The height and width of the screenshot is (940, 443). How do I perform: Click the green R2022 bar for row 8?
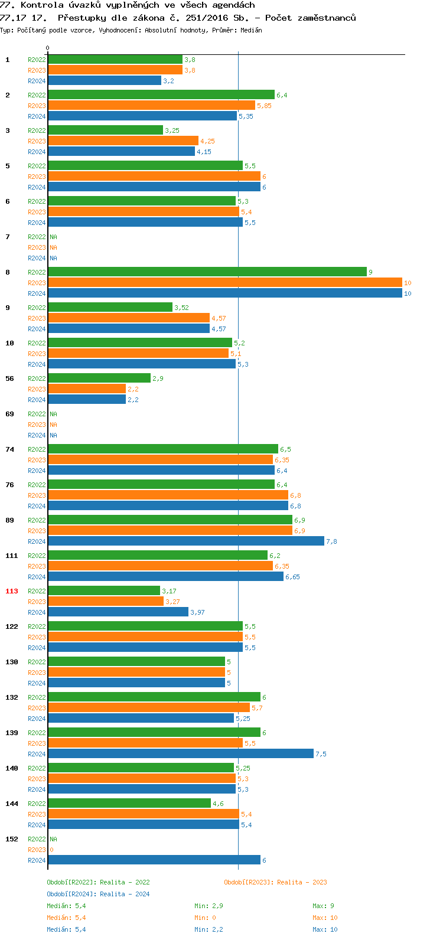click(x=207, y=272)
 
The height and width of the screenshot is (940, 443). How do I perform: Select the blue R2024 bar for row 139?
click(x=180, y=753)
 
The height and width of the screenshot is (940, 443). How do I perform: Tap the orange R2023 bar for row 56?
click(x=87, y=389)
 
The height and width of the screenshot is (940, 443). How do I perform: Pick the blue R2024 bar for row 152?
click(x=154, y=860)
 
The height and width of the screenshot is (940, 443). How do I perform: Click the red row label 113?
click(x=12, y=591)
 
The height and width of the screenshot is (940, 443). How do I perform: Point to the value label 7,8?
click(x=331, y=541)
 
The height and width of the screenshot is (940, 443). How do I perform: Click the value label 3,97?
click(x=197, y=612)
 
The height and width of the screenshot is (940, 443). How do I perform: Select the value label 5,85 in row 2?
click(x=264, y=106)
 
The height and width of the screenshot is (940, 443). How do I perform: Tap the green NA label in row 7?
click(x=53, y=237)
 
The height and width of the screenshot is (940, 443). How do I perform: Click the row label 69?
click(x=10, y=414)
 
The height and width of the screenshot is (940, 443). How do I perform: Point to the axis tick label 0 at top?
click(x=48, y=48)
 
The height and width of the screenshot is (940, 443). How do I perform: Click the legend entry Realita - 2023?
click(x=275, y=882)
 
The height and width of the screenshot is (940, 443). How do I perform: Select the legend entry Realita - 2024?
click(x=98, y=894)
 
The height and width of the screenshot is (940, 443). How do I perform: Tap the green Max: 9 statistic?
click(x=323, y=906)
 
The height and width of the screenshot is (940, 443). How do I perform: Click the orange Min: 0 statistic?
click(x=205, y=918)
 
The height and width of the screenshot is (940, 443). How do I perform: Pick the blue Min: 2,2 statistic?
click(x=209, y=929)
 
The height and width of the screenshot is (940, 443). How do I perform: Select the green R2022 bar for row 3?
click(x=105, y=130)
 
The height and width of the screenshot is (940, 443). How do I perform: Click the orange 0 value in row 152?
click(x=51, y=850)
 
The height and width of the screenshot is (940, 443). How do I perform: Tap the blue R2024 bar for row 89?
click(x=185, y=541)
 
